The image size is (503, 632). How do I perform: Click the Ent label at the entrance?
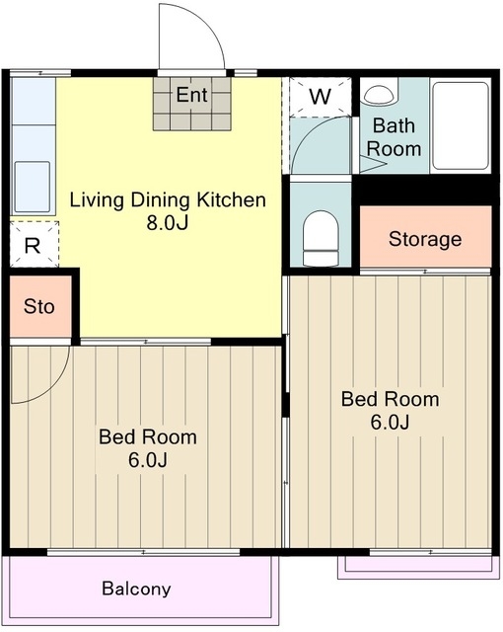click(192, 95)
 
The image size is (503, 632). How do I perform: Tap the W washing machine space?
click(321, 97)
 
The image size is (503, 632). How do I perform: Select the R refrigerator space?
click(34, 244)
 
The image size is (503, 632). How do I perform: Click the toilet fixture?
click(321, 238)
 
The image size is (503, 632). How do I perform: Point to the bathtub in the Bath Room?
click(461, 125)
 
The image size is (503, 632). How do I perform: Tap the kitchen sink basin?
click(33, 187)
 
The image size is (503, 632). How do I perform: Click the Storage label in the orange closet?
click(425, 239)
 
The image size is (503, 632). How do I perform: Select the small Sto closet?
click(40, 307)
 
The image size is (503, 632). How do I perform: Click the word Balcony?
click(136, 589)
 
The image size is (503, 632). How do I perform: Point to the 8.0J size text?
click(168, 222)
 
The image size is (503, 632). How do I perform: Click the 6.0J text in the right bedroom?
click(390, 422)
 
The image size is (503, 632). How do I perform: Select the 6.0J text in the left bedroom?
click(148, 460)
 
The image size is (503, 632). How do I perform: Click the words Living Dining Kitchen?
click(168, 200)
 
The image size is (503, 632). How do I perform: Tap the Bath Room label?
click(394, 137)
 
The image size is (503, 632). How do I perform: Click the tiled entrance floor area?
click(192, 104)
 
